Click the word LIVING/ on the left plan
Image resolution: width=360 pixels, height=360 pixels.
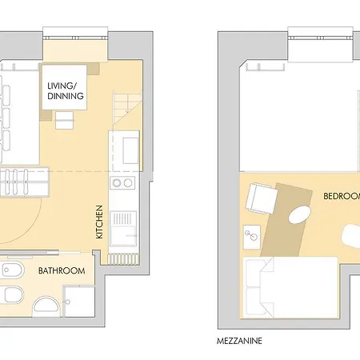tap(66, 85)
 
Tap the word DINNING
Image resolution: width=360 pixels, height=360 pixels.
tap(66, 96)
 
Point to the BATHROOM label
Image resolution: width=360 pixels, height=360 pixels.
tap(62, 271)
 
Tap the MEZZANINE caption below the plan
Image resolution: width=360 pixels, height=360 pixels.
tap(239, 340)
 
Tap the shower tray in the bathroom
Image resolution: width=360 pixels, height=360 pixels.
tap(80, 299)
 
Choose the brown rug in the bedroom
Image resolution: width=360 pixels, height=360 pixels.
tap(284, 220)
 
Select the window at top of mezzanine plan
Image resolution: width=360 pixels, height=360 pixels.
tap(320, 34)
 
